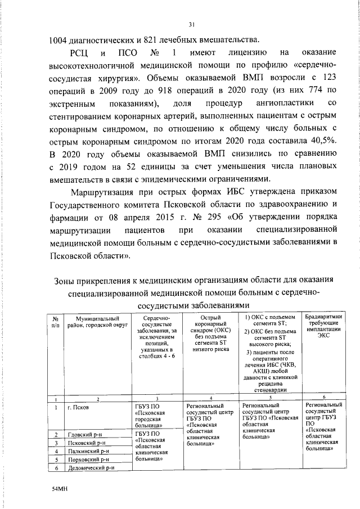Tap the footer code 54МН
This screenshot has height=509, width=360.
[59, 490]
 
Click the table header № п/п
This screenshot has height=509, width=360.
[56, 323]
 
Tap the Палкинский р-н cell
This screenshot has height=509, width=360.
[89, 451]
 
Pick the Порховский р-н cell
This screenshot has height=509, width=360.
[89, 459]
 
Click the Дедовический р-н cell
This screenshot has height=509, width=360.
[91, 467]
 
